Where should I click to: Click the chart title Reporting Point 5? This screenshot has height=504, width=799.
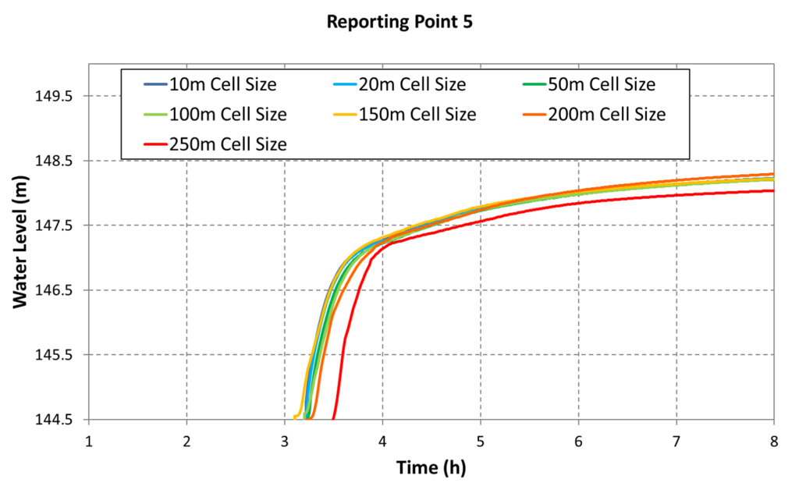399,22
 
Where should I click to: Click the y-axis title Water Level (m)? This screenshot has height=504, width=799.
21,242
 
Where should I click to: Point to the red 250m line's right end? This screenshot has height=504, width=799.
773,190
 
